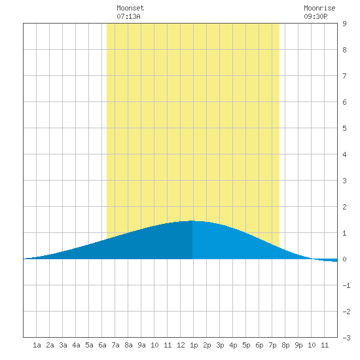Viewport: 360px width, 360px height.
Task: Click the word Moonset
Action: pyautogui.click(x=130, y=8)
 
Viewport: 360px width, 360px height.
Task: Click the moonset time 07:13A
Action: pyautogui.click(x=128, y=16)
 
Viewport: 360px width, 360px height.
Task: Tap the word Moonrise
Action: pyautogui.click(x=319, y=8)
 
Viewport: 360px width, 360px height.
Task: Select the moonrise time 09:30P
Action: pyautogui.click(x=315, y=16)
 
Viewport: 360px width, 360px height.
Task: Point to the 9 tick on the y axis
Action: pyautogui.click(x=344, y=24)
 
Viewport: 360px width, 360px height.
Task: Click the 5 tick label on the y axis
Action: pyautogui.click(x=344, y=128)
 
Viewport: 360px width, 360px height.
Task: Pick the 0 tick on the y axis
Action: pyautogui.click(x=344, y=259)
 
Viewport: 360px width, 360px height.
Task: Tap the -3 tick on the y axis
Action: pyautogui.click(x=346, y=338)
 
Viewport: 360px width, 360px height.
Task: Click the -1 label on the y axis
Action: pyautogui.click(x=346, y=285)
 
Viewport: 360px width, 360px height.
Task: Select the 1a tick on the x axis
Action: pyautogui.click(x=37, y=345)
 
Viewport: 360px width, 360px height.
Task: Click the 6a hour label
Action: pyautogui.click(x=102, y=345)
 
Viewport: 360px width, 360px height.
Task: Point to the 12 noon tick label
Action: pyautogui.click(x=181, y=345)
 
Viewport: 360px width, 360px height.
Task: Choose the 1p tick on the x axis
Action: pyautogui.click(x=194, y=345)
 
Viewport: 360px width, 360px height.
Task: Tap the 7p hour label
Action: pyautogui.click(x=272, y=345)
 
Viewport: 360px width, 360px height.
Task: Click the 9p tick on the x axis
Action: pyautogui.click(x=298, y=345)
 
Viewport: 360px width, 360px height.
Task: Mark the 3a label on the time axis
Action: pyautogui.click(x=63, y=345)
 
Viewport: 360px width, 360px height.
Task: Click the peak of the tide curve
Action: pyautogui.click(x=192, y=221)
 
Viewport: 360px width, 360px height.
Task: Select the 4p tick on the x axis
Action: pyautogui.click(x=233, y=345)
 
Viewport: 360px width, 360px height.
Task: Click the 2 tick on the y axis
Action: pyautogui.click(x=344, y=207)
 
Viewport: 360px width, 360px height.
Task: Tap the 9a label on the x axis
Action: pyautogui.click(x=141, y=345)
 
